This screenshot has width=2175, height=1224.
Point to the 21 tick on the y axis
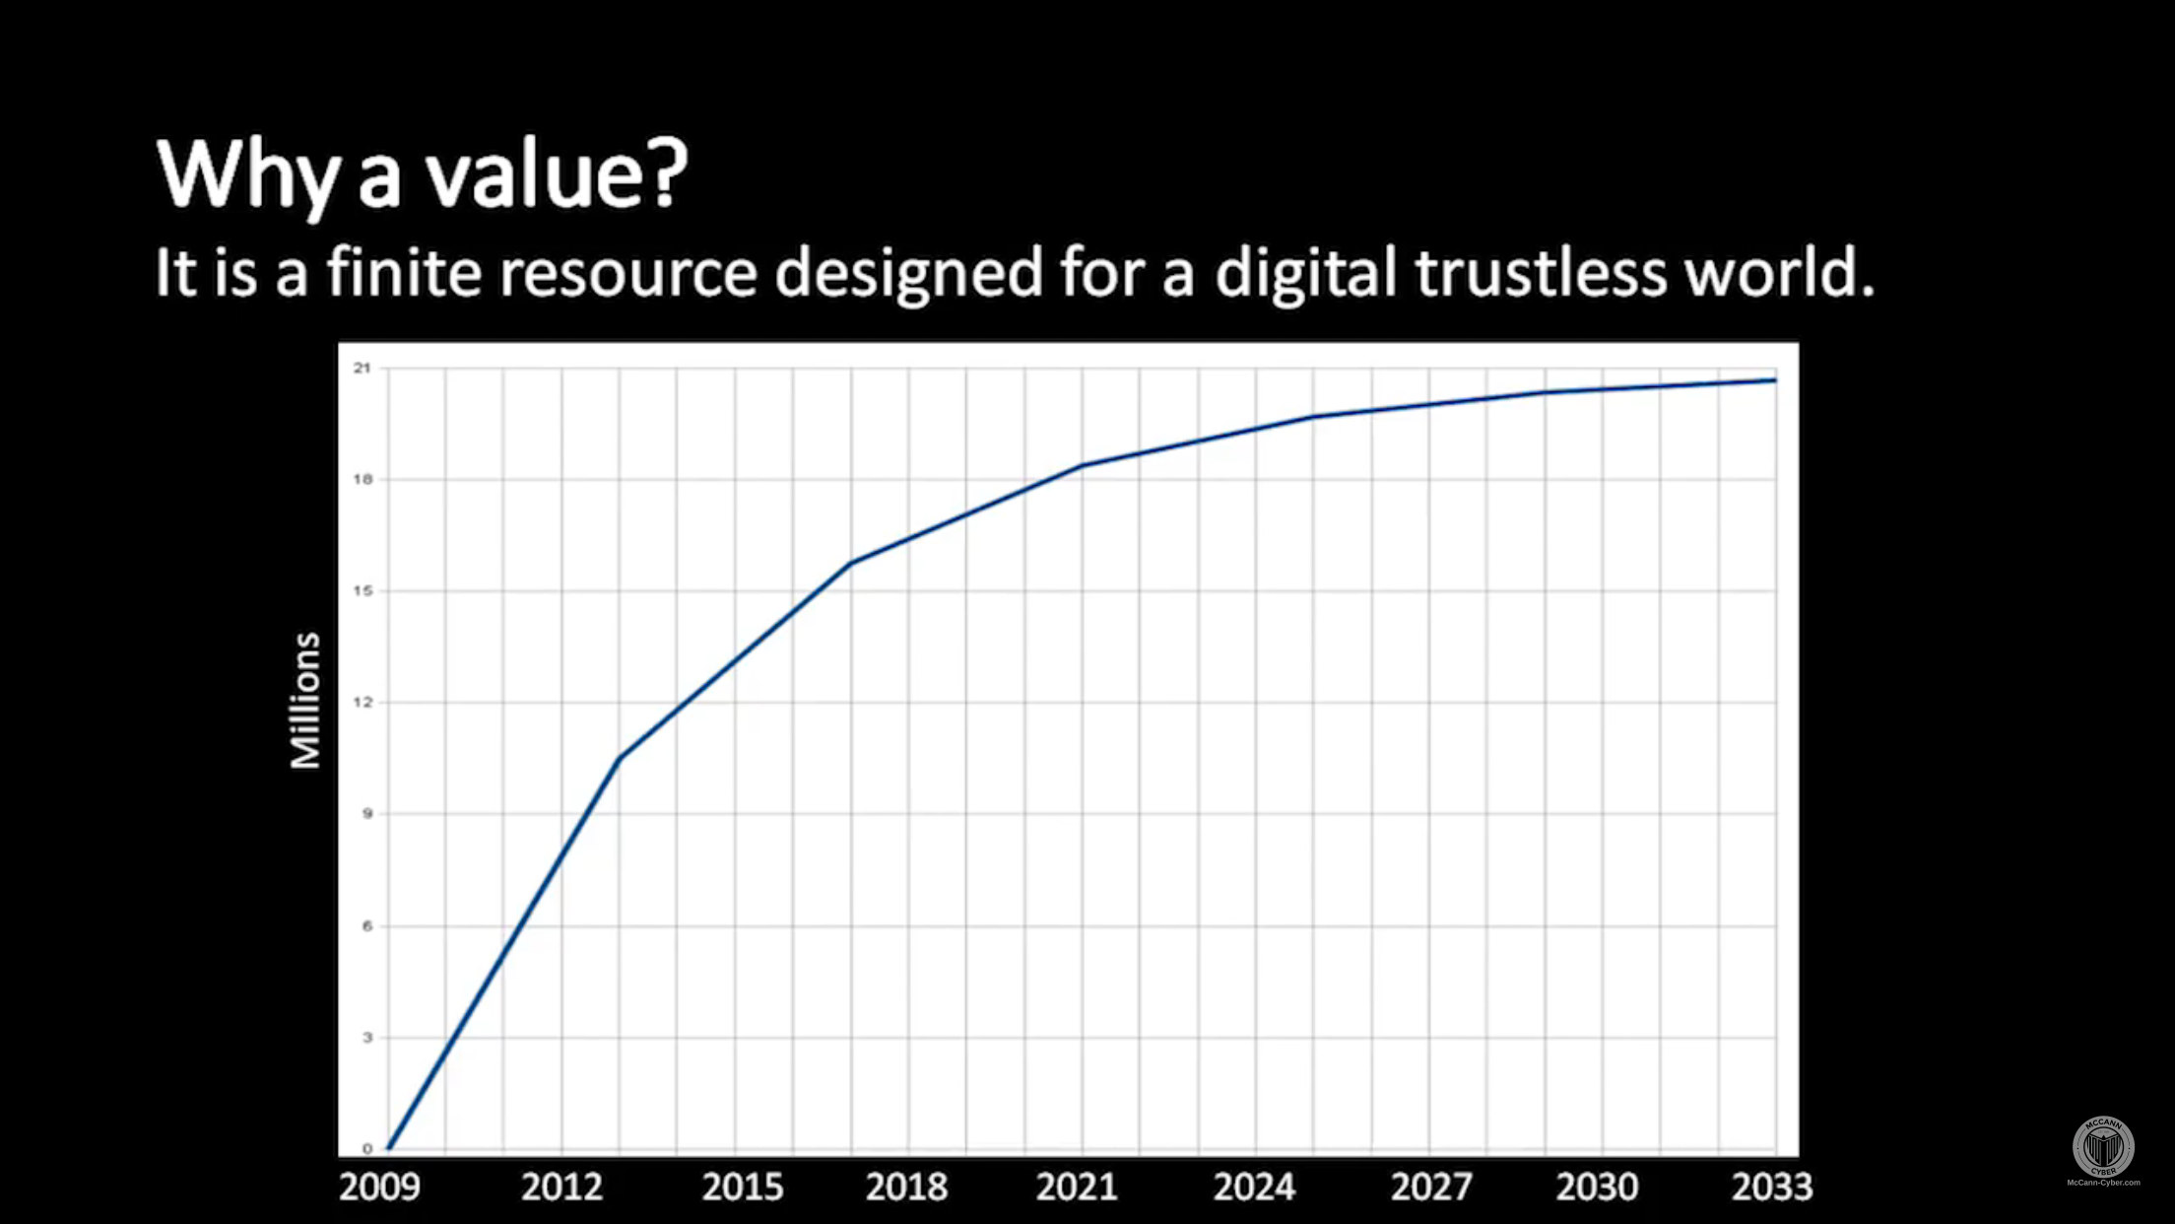tap(363, 369)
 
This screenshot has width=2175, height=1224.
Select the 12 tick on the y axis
tap(363, 703)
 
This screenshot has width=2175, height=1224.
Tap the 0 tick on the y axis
tap(367, 1149)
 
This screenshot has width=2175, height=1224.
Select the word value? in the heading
tap(556, 175)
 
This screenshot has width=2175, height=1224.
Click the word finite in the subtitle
tap(404, 272)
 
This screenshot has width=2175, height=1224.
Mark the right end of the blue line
tap(1774, 380)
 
